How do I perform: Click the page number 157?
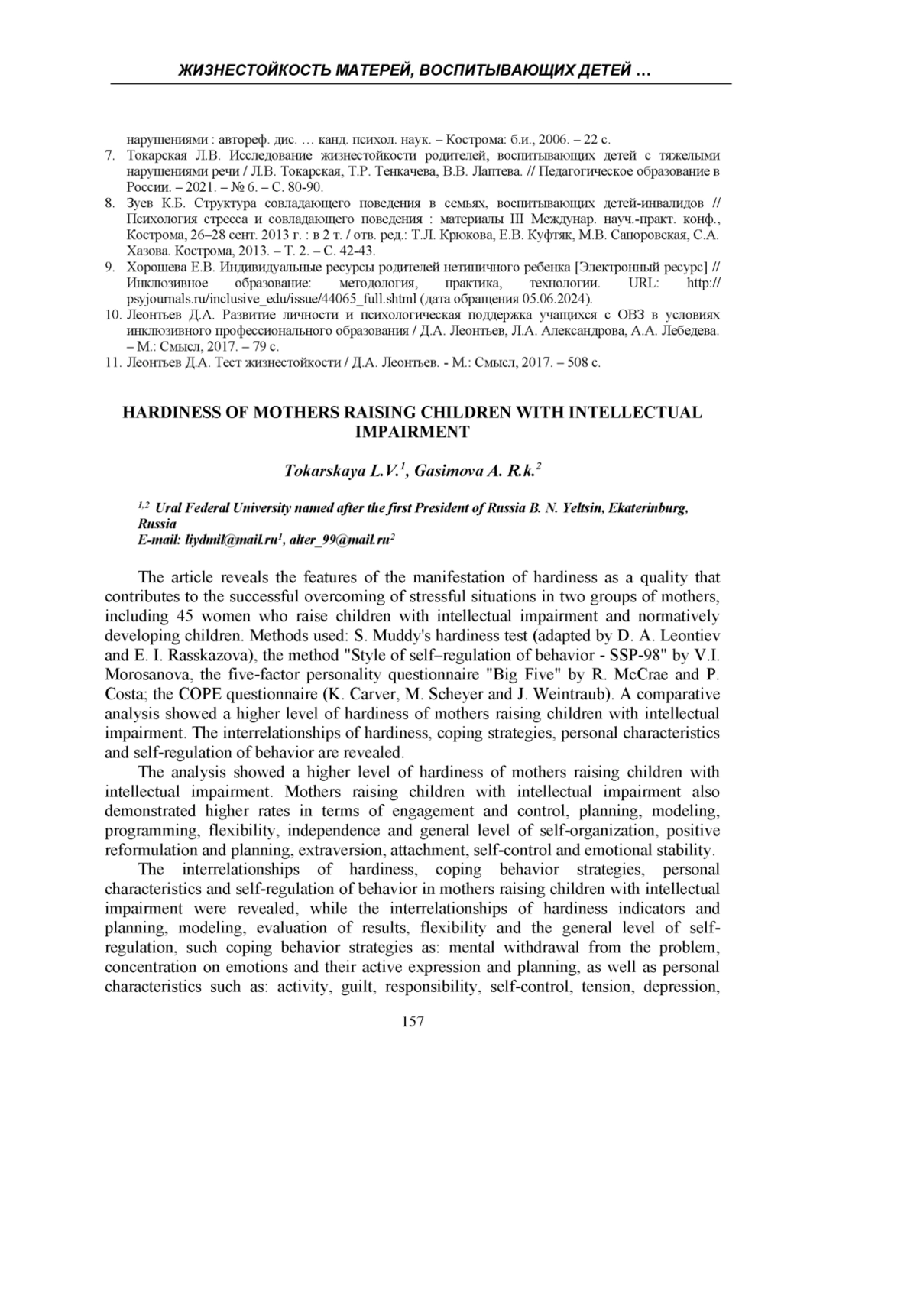413,1020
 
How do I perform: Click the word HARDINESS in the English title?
170,413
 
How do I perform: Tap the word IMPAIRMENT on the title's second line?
413,432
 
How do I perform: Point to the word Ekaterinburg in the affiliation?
648,508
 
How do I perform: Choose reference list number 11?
112,362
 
